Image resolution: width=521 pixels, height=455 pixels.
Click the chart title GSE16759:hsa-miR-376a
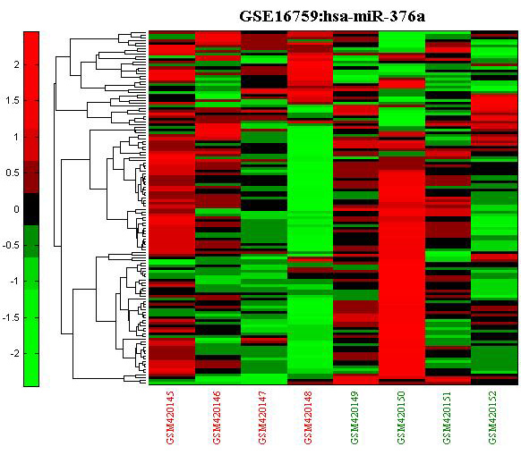(332, 16)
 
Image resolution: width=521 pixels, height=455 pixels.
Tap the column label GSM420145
(170, 417)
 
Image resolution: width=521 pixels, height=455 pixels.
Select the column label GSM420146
(217, 417)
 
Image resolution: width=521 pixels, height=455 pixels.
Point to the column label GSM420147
(262, 417)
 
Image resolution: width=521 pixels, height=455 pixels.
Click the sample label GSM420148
(308, 417)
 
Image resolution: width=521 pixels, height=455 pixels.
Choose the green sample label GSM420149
(354, 417)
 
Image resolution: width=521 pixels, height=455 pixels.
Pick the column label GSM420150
(401, 417)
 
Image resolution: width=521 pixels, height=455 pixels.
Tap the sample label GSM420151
(448, 417)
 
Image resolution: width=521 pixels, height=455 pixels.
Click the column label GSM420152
(493, 417)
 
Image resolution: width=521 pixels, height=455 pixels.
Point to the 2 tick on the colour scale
(16, 64)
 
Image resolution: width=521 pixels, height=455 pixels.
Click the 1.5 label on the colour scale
(12, 100)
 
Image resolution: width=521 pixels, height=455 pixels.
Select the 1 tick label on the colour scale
(16, 137)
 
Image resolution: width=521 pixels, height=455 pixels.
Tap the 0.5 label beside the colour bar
(12, 173)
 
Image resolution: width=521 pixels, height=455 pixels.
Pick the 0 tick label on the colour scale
(16, 209)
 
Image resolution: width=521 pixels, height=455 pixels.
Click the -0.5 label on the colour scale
(11, 246)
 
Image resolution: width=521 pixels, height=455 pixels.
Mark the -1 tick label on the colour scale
(14, 282)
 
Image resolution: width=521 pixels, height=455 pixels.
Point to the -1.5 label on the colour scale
(11, 318)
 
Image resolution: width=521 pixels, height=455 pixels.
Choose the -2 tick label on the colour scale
(14, 354)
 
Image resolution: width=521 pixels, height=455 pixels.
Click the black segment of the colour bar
(31, 209)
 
